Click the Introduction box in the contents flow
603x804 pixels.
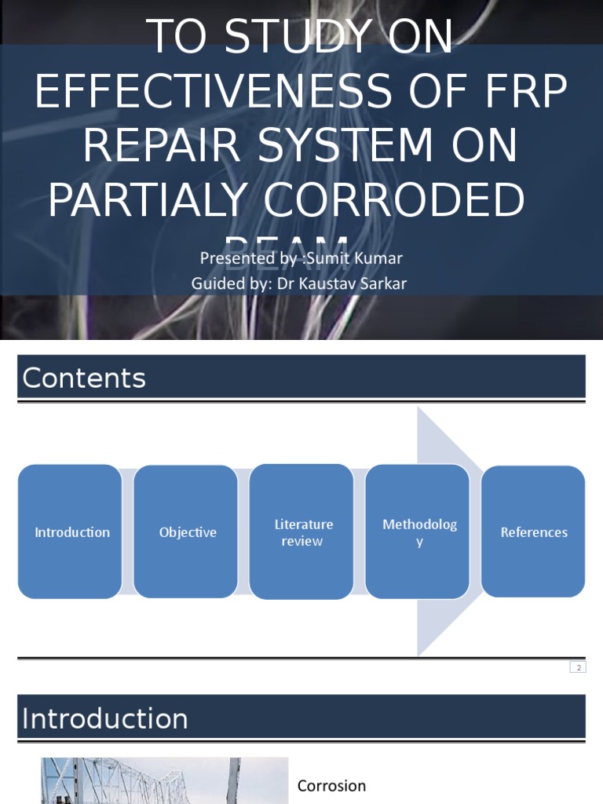(70, 532)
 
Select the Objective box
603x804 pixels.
(186, 532)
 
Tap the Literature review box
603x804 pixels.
(302, 532)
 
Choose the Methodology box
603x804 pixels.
(418, 532)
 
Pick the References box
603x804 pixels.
(533, 532)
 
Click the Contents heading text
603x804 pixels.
(84, 378)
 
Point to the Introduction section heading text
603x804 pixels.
(104, 718)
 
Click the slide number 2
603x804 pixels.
(578, 667)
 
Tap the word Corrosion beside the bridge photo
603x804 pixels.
(331, 786)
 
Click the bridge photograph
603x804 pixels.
(164, 781)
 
